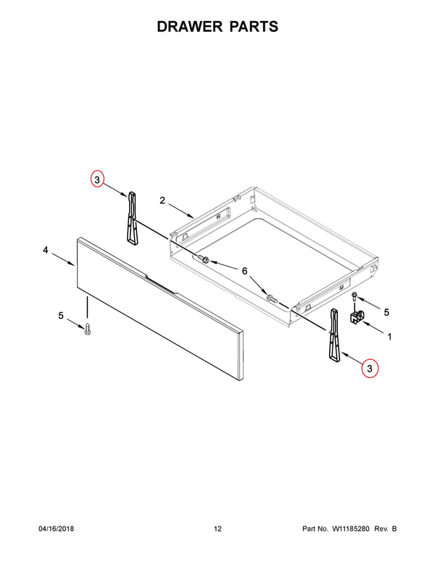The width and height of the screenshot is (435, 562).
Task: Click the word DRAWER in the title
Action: (190, 27)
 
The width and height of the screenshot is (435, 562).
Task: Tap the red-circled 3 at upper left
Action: (97, 179)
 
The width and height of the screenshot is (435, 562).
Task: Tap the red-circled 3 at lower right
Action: (370, 368)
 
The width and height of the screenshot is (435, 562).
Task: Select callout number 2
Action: (162, 201)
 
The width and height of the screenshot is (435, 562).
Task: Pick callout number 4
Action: (46, 250)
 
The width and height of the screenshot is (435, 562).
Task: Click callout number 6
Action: (244, 271)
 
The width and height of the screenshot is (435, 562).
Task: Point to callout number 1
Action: (389, 337)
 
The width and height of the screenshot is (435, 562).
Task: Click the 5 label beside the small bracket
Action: (386, 312)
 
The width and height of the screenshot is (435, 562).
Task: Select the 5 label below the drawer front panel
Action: (61, 316)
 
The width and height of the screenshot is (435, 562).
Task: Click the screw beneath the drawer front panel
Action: (87, 329)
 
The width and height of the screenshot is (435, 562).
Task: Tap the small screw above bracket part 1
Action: (355, 297)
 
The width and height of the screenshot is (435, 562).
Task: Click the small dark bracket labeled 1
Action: (357, 317)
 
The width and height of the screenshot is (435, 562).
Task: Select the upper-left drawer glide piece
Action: (132, 218)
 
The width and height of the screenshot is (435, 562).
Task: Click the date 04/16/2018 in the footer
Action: (57, 529)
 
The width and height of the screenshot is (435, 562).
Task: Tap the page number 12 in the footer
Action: (217, 529)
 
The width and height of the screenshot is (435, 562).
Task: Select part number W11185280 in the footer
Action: (350, 529)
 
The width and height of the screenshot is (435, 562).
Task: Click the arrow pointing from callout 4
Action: (64, 259)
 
